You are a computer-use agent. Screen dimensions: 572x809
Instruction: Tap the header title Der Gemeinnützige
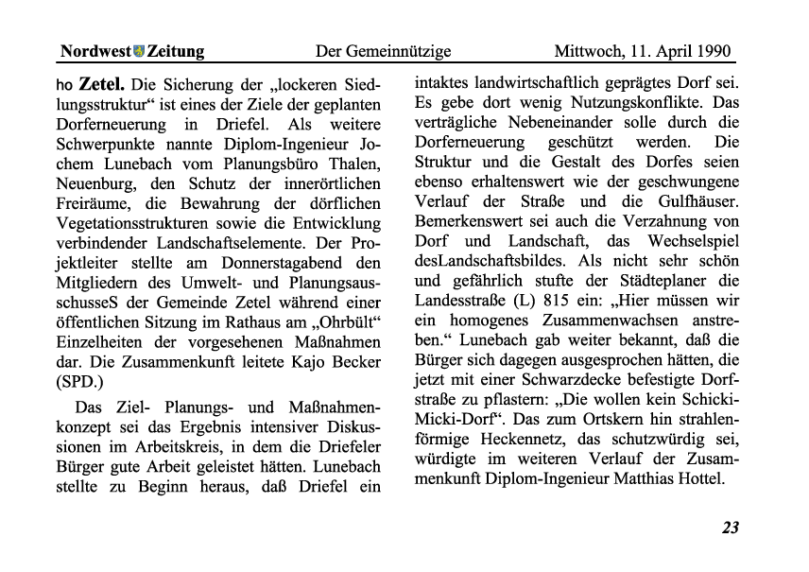coord(382,51)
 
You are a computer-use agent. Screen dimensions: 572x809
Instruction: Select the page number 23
coord(730,528)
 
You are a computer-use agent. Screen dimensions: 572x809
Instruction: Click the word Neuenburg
coord(97,185)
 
